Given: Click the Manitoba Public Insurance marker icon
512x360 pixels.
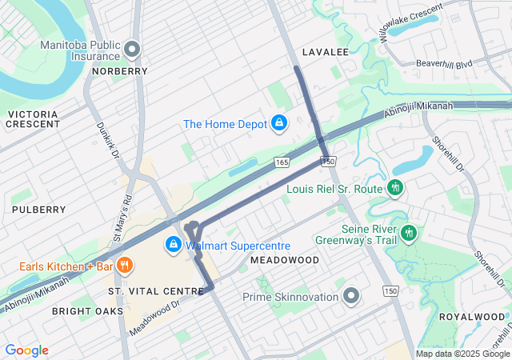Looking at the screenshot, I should pyautogui.click(x=133, y=49).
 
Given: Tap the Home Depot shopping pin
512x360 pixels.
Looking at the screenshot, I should pyautogui.click(x=279, y=123).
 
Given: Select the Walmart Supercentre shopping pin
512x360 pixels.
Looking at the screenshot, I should pyautogui.click(x=173, y=244).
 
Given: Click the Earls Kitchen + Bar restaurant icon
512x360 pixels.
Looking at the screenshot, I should pyautogui.click(x=124, y=265).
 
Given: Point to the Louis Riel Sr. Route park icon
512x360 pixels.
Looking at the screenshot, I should pyautogui.click(x=394, y=188).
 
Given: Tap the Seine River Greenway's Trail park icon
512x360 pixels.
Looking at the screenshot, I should pyautogui.click(x=409, y=233).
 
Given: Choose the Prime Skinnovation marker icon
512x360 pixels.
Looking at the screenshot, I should pyautogui.click(x=350, y=297).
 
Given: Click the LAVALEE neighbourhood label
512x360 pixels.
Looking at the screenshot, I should pyautogui.click(x=326, y=52).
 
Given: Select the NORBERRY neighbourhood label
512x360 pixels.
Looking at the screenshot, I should pyautogui.click(x=119, y=71).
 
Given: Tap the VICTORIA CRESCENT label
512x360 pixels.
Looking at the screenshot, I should pyautogui.click(x=33, y=119).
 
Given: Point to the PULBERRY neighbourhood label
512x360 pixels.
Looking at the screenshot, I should pyautogui.click(x=38, y=210).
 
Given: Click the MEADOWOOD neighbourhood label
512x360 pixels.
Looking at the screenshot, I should pyautogui.click(x=284, y=260).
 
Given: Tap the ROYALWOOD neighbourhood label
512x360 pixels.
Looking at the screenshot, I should pyautogui.click(x=472, y=317).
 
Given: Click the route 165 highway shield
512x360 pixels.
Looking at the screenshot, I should pyautogui.click(x=282, y=162).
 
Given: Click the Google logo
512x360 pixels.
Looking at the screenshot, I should pyautogui.click(x=27, y=350).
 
